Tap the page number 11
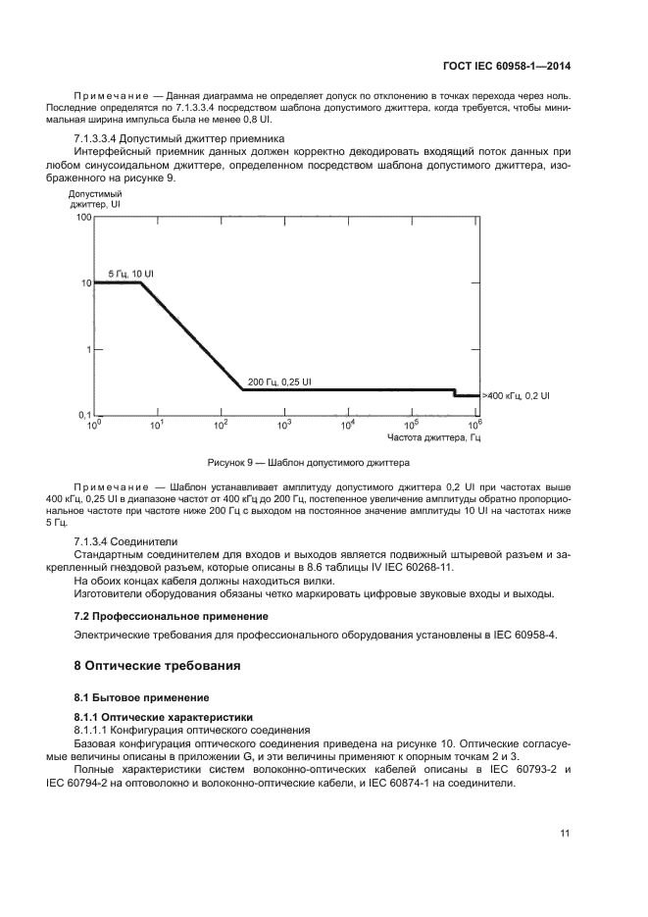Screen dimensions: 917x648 click(565, 834)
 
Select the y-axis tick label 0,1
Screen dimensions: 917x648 click(82, 416)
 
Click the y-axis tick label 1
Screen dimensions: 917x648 click(87, 349)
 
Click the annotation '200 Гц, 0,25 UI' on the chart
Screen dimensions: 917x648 click(280, 381)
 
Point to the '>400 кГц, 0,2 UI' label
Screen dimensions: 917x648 click(516, 395)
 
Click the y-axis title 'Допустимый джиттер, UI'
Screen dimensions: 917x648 click(94, 200)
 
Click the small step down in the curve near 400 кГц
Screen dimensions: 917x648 click(455, 393)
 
